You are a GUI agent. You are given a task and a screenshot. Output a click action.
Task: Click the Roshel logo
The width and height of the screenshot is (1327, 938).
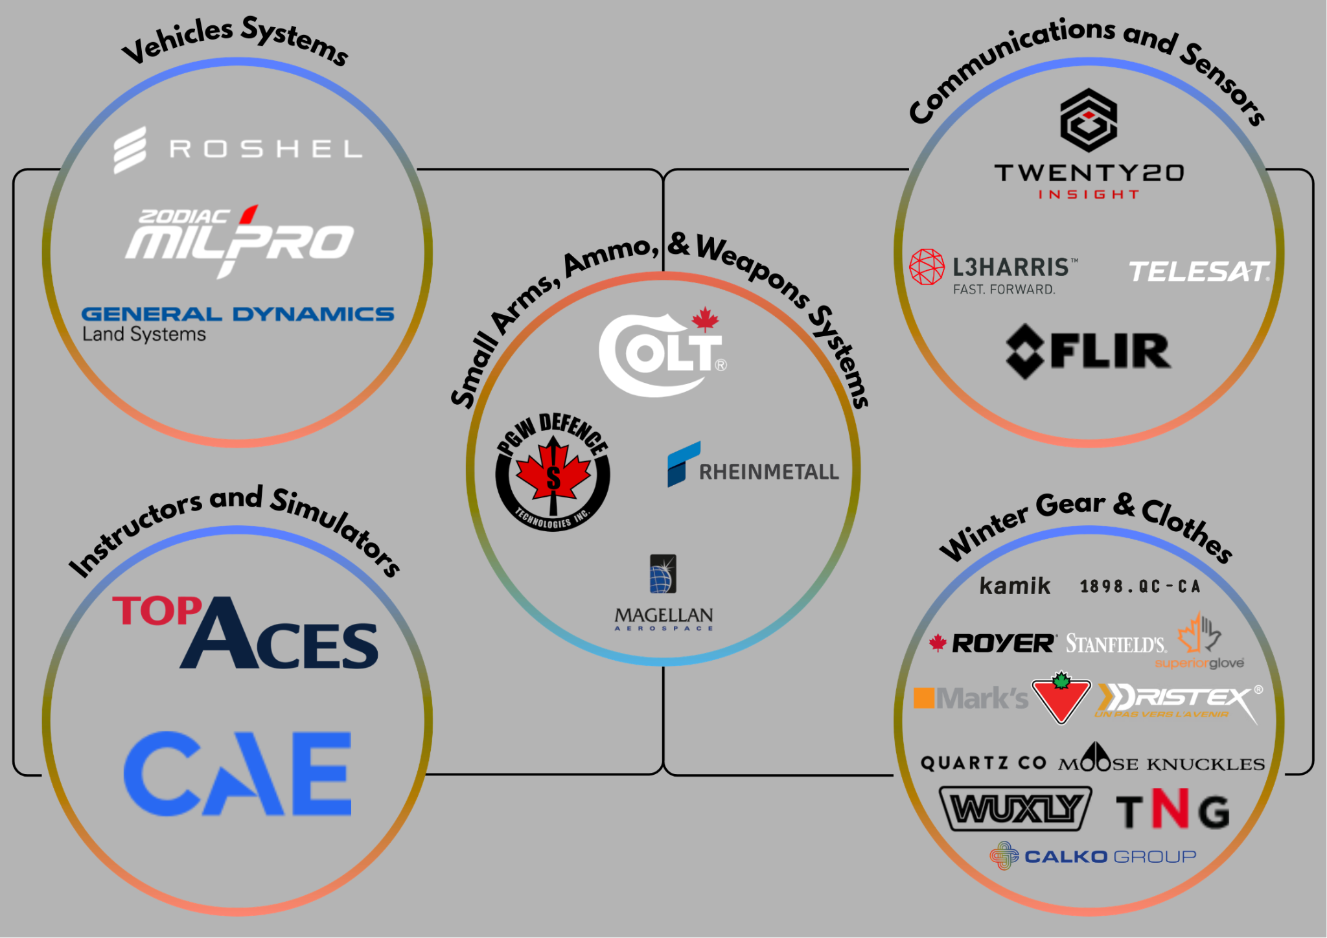237,150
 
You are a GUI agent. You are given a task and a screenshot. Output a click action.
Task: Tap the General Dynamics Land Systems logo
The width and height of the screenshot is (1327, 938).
237,323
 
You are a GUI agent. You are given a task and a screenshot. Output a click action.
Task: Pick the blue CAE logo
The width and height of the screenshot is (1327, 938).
237,773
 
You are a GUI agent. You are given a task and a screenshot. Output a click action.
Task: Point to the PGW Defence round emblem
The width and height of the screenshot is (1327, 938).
553,472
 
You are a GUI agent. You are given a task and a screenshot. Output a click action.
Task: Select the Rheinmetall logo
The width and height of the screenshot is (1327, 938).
753,466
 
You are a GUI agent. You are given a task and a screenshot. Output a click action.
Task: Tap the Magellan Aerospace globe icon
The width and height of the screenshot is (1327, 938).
663,574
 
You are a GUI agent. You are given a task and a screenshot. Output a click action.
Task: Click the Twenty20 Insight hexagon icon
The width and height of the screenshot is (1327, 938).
1089,120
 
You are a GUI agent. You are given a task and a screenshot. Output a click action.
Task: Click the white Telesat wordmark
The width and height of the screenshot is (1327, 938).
1198,272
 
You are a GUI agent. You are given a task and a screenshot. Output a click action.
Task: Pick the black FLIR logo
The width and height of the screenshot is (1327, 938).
1089,351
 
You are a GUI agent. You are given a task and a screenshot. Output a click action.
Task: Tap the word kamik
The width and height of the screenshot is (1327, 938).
1014,586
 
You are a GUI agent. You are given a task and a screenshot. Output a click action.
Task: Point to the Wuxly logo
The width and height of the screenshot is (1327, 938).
1015,808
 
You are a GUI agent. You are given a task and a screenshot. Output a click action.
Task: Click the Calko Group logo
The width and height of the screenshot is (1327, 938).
1093,856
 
